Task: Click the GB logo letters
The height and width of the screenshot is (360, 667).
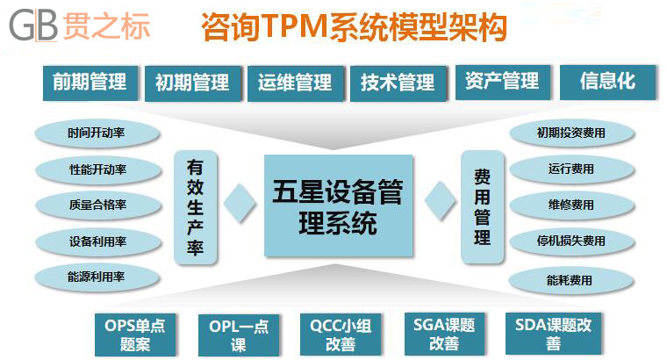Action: (x=33, y=25)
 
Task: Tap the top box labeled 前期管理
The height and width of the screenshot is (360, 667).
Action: (x=90, y=83)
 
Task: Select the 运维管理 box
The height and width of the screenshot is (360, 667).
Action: (x=295, y=83)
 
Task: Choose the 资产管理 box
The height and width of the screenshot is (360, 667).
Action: (x=502, y=83)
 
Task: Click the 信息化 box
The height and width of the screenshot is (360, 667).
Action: (x=607, y=83)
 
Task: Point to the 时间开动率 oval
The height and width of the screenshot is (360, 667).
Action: (x=97, y=133)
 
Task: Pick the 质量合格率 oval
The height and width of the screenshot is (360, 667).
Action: (x=97, y=205)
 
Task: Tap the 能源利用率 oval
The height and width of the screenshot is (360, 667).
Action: (x=97, y=277)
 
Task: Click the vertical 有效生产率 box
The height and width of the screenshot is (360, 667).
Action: (x=195, y=207)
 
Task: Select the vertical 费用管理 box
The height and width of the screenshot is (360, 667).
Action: (x=483, y=207)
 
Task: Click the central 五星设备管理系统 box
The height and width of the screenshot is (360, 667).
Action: (x=339, y=205)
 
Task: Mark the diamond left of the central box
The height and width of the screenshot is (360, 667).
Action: (x=240, y=203)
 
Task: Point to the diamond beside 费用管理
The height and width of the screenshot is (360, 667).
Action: (x=441, y=201)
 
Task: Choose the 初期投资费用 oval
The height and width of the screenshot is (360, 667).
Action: (x=571, y=133)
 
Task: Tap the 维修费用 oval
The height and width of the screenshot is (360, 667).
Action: (x=571, y=205)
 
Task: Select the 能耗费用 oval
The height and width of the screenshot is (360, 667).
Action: (x=570, y=280)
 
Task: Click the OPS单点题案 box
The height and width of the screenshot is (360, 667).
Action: (x=135, y=335)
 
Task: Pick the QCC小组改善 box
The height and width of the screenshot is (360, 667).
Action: (x=341, y=335)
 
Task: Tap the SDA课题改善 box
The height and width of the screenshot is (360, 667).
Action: (x=554, y=334)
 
